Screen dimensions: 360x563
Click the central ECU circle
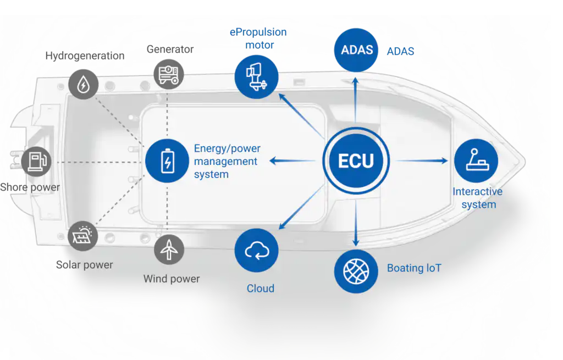click(356, 161)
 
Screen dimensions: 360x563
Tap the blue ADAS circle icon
click(356, 50)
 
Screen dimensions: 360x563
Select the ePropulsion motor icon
click(256, 77)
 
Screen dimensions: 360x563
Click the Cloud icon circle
click(256, 251)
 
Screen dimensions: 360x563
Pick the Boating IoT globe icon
click(356, 271)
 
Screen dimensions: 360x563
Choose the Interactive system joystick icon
click(476, 161)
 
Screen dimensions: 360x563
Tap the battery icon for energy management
click(167, 161)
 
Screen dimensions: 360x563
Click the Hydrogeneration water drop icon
click(83, 85)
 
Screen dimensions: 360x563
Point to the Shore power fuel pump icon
click(37, 162)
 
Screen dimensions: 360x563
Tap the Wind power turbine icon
click(169, 250)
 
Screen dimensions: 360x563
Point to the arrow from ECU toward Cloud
click(300, 209)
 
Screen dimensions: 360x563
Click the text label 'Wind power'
click(172, 279)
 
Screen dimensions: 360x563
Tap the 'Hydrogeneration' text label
click(85, 56)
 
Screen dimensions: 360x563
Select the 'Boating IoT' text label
click(414, 268)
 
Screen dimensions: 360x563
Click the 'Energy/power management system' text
click(227, 162)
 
